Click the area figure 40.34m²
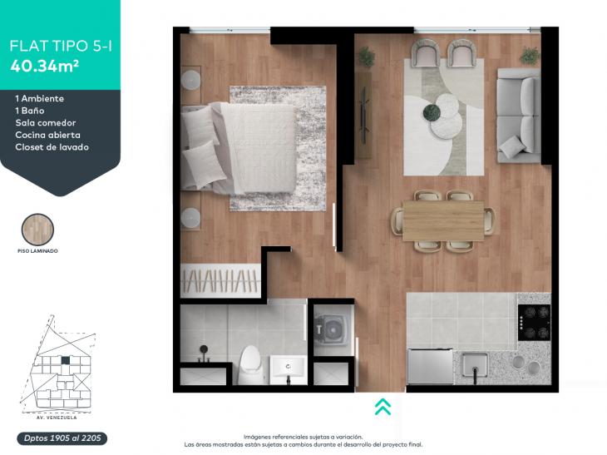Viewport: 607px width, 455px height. (45, 66)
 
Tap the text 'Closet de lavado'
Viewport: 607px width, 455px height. (52, 147)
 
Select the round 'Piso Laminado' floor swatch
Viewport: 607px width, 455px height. (37, 230)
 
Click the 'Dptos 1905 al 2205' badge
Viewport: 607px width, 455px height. (62, 438)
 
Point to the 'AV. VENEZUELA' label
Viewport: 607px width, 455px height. (57, 418)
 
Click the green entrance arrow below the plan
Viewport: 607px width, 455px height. (382, 407)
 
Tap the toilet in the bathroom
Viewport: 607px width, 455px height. (250, 365)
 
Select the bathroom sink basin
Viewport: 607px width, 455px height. (288, 367)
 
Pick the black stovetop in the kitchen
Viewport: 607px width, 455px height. (534, 322)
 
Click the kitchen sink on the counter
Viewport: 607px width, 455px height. (475, 365)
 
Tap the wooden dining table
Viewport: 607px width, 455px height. (443, 220)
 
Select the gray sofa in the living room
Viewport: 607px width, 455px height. (519, 115)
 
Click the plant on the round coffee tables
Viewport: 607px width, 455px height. (432, 112)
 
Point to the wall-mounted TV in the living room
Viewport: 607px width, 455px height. (363, 115)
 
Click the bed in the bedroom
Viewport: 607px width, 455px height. (239, 148)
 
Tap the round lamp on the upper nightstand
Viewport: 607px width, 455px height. (191, 80)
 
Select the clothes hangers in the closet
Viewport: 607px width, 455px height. (220, 281)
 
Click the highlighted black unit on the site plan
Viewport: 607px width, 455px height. (66, 360)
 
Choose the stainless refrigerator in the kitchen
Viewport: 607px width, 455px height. (430, 366)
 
